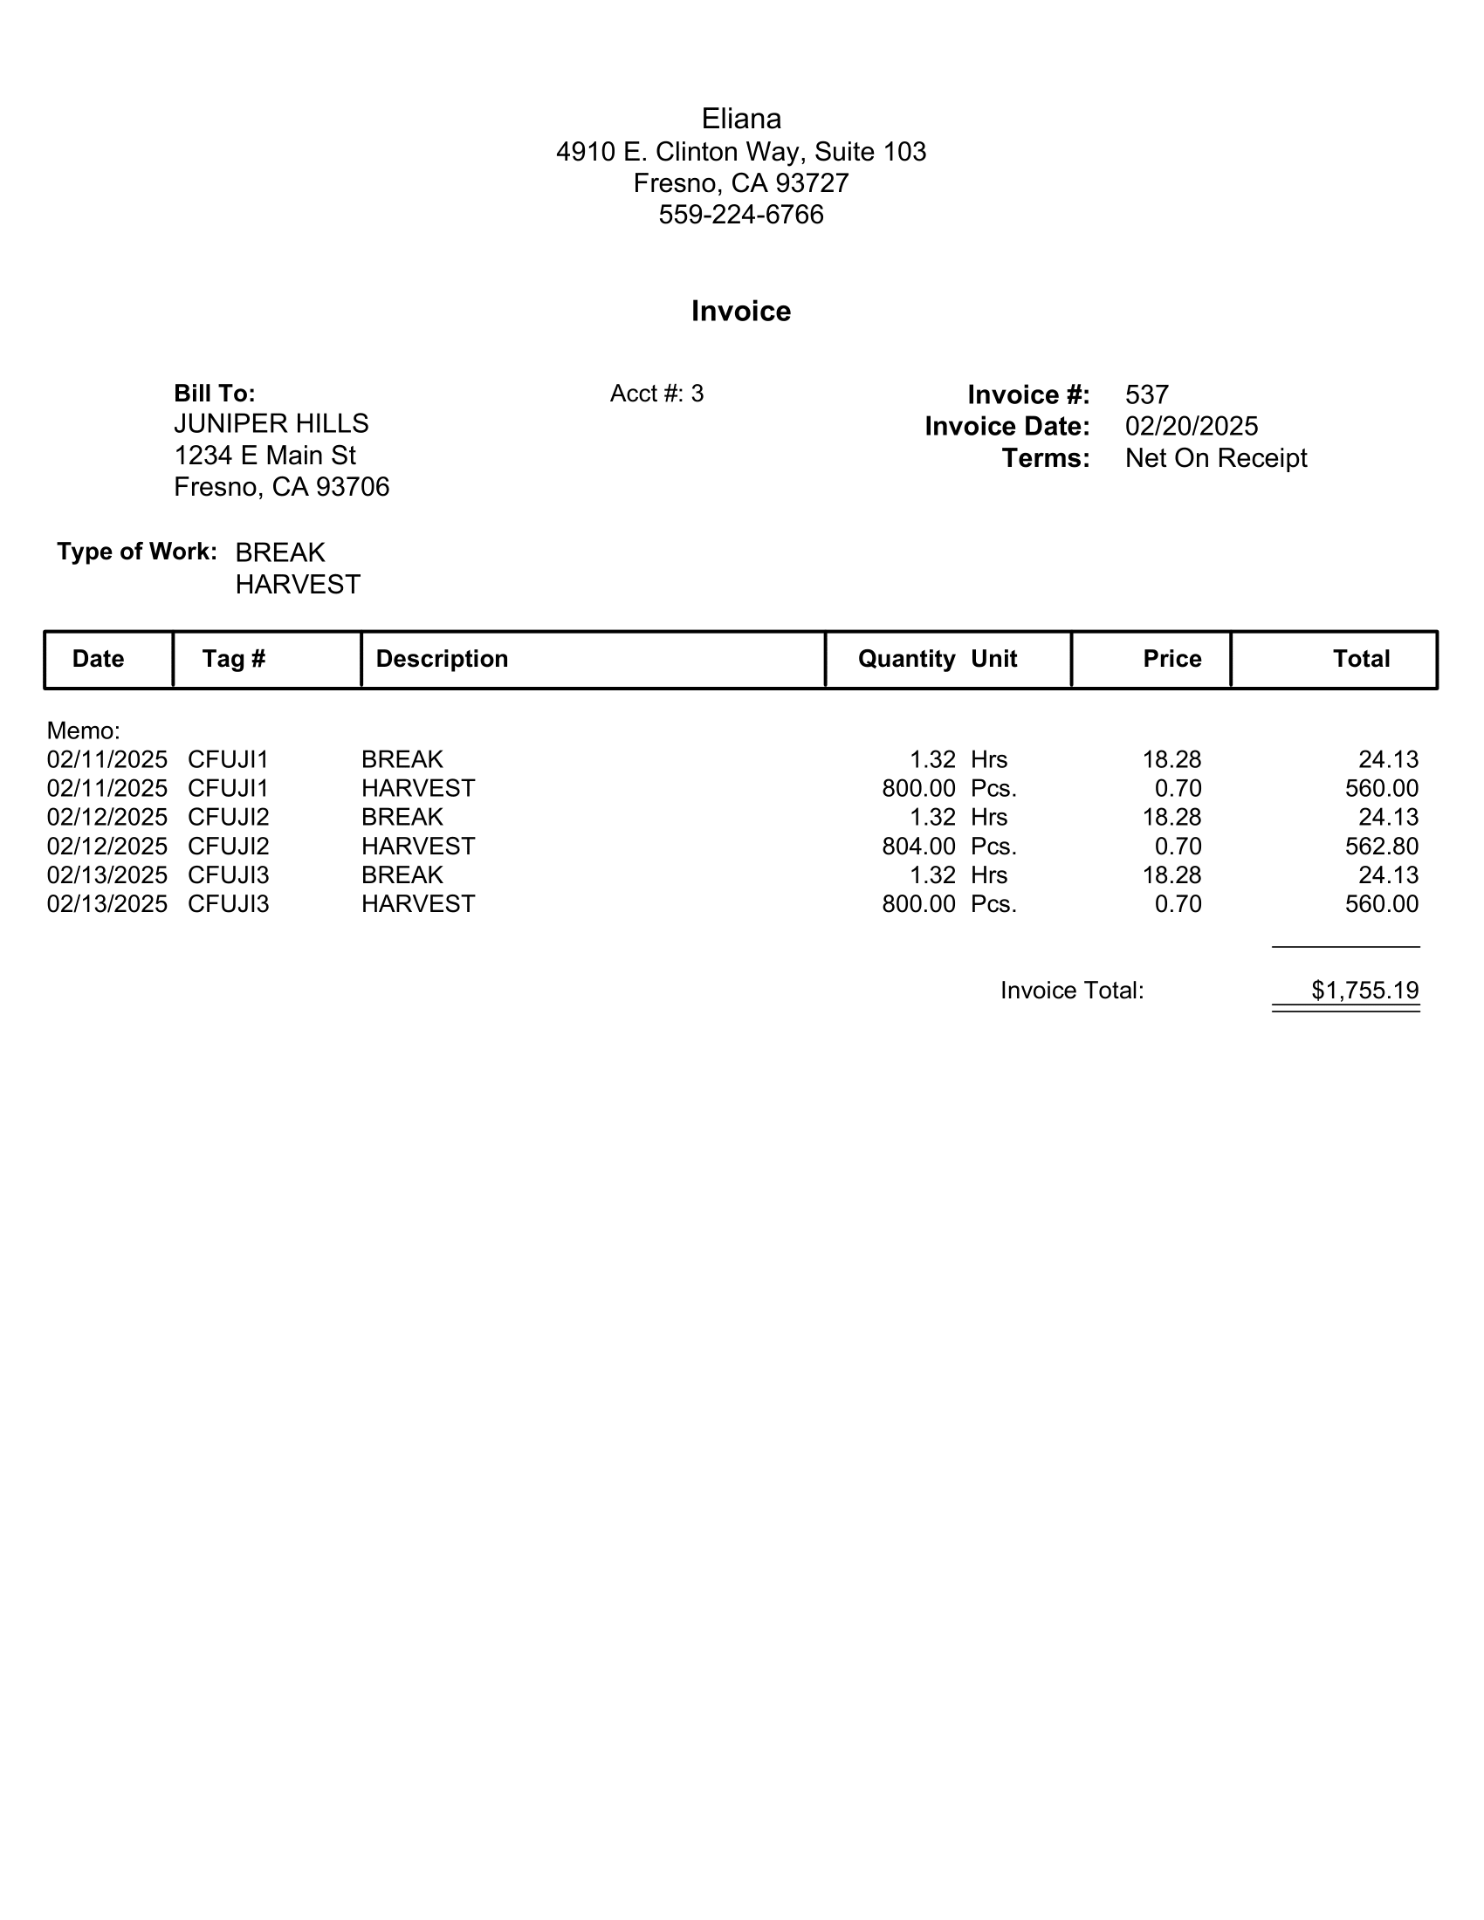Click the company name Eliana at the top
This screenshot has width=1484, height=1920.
coord(740,119)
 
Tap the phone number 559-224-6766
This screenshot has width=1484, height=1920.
coord(740,215)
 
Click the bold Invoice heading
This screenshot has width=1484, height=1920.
coord(740,312)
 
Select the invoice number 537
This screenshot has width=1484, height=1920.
coord(1146,394)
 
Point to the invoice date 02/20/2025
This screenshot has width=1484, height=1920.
coord(1192,427)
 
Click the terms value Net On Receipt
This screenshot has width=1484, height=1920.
coord(1216,458)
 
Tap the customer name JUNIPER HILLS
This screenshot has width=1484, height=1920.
coord(271,424)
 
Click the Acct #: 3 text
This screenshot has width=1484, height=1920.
coord(656,394)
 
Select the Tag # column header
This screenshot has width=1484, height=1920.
coord(234,659)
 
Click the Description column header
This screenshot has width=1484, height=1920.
coord(442,659)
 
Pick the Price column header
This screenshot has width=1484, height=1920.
coord(1171,659)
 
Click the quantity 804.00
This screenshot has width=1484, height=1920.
coord(918,847)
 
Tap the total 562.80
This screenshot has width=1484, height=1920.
coord(1381,847)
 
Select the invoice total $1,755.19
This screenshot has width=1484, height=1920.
coord(1364,991)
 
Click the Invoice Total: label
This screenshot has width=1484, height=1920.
coord(1072,991)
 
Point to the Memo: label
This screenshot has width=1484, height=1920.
coord(84,730)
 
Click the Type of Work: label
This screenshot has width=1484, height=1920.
coord(137,552)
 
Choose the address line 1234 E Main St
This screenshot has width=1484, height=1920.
coord(265,456)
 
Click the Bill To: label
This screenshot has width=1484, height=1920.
coord(215,393)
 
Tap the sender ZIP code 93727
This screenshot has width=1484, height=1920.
coord(813,183)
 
